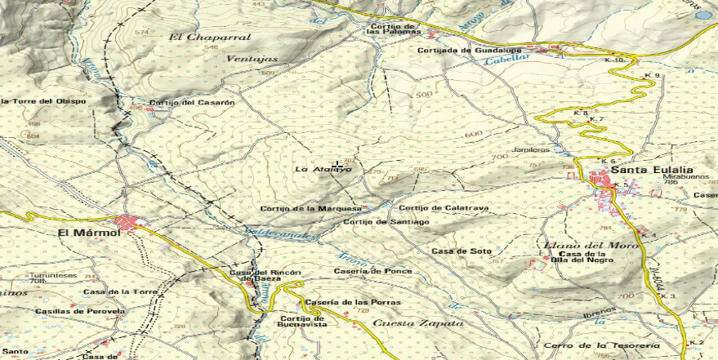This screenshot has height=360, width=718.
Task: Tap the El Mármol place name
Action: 89,233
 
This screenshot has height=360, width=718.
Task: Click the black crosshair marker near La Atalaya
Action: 337,167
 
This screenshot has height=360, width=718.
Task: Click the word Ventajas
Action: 252,59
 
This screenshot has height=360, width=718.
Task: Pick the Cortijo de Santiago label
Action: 386,222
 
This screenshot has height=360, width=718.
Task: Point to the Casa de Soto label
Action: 462,251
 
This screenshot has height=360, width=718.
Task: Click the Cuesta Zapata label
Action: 417,324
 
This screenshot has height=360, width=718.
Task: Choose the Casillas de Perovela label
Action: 80,312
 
